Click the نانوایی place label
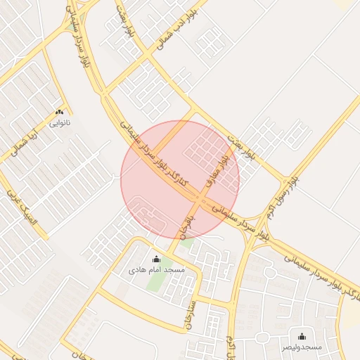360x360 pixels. click(x=59, y=122)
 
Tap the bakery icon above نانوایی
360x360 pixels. click(x=59, y=112)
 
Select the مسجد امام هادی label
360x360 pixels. click(x=156, y=270)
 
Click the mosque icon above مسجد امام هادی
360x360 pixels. click(x=156, y=259)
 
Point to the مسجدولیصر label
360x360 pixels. click(x=302, y=347)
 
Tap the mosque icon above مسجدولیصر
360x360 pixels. click(x=302, y=336)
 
